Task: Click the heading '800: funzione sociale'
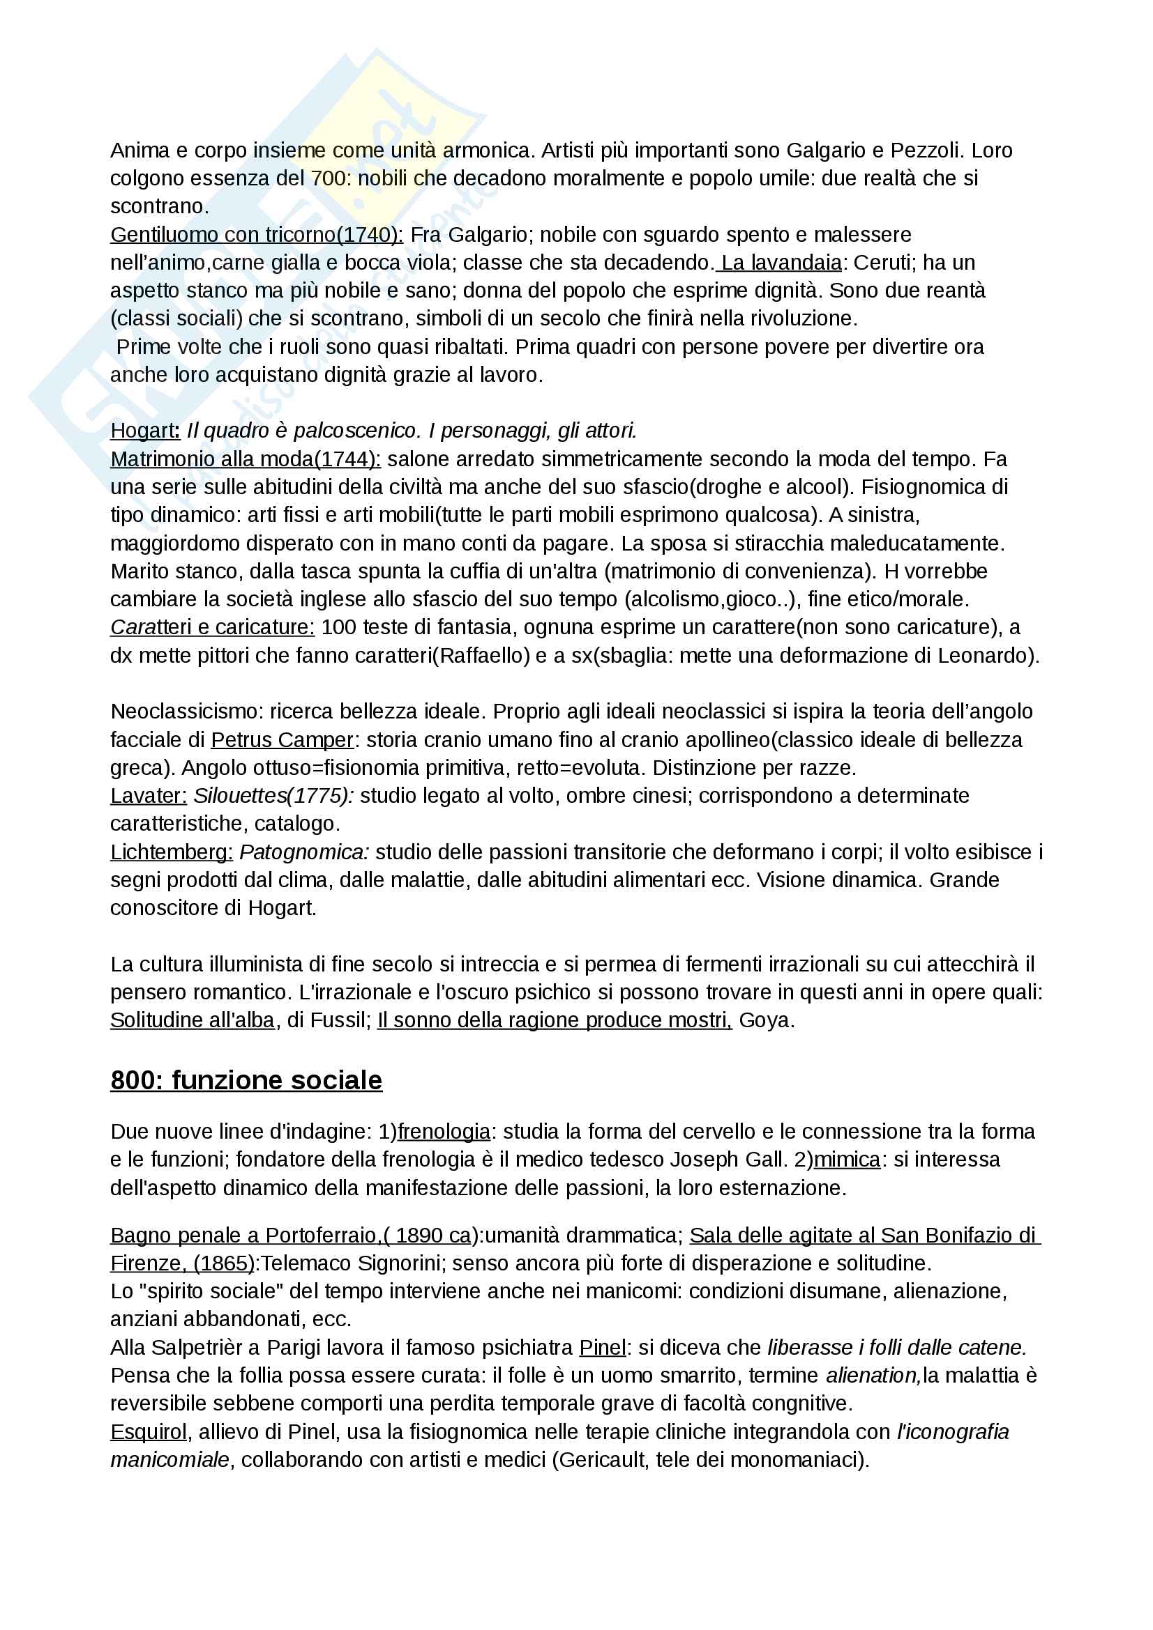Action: (246, 1079)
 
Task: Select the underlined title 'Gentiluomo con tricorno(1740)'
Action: (256, 234)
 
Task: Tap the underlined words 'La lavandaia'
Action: (781, 263)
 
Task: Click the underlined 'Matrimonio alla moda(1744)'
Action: (245, 459)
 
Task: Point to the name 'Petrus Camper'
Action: (282, 740)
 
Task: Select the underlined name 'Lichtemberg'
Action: (171, 852)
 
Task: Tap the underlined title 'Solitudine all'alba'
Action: (192, 1020)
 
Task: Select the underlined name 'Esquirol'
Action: (149, 1432)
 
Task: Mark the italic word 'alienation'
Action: (873, 1375)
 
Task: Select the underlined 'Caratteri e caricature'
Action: (212, 627)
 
